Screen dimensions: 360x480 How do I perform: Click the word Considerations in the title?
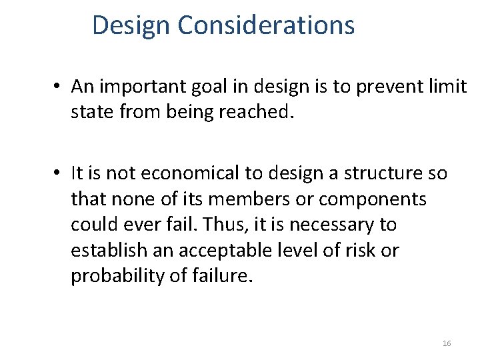point(266,25)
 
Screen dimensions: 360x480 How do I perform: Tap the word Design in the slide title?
point(132,25)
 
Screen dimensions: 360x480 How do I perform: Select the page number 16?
point(447,343)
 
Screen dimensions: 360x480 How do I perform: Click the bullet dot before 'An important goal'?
point(59,87)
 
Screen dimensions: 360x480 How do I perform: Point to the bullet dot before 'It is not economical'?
point(59,173)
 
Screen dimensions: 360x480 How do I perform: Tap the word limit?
point(449,87)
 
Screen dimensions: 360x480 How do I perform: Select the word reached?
point(257,112)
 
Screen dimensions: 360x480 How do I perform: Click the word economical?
point(189,173)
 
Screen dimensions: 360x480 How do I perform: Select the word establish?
point(106,250)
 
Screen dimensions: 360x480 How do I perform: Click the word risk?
point(363,250)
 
